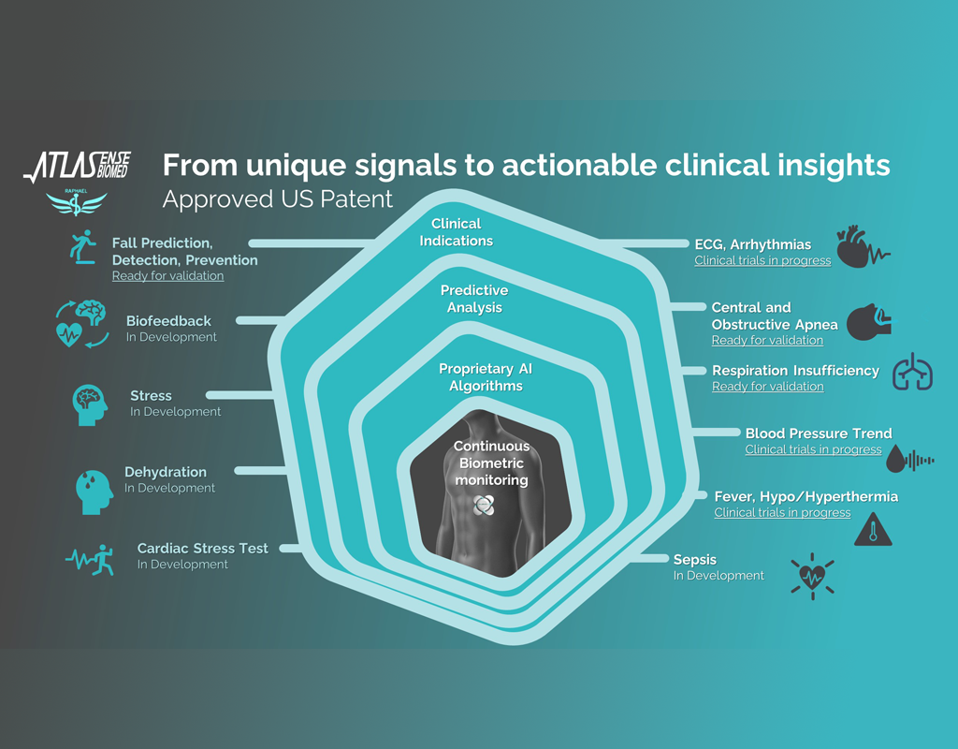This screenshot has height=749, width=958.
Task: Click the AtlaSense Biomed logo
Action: [77, 167]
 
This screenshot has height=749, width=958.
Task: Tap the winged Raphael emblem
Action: [77, 202]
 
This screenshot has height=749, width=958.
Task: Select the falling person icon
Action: [83, 247]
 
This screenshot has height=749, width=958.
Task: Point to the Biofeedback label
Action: [168, 321]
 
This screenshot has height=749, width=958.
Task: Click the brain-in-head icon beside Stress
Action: [90, 404]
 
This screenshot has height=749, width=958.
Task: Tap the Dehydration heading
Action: [166, 472]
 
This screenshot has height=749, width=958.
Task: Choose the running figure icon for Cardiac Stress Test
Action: [91, 560]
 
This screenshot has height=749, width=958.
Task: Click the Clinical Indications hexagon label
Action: [457, 232]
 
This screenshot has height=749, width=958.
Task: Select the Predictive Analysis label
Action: [474, 299]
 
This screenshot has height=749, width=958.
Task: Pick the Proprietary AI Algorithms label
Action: [486, 377]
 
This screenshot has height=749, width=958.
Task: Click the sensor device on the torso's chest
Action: [484, 505]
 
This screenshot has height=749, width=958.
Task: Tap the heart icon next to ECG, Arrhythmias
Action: [863, 246]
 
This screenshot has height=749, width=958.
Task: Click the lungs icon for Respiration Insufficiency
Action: [913, 371]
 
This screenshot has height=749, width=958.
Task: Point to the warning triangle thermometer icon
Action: [873, 529]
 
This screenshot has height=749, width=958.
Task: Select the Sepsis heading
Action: [695, 560]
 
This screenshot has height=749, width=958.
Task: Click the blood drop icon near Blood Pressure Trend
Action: [895, 459]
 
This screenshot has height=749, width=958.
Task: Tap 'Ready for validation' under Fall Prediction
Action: [168, 276]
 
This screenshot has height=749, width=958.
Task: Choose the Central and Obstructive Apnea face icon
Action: [869, 322]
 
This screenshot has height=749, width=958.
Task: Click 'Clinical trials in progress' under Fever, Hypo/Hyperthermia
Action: [782, 512]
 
